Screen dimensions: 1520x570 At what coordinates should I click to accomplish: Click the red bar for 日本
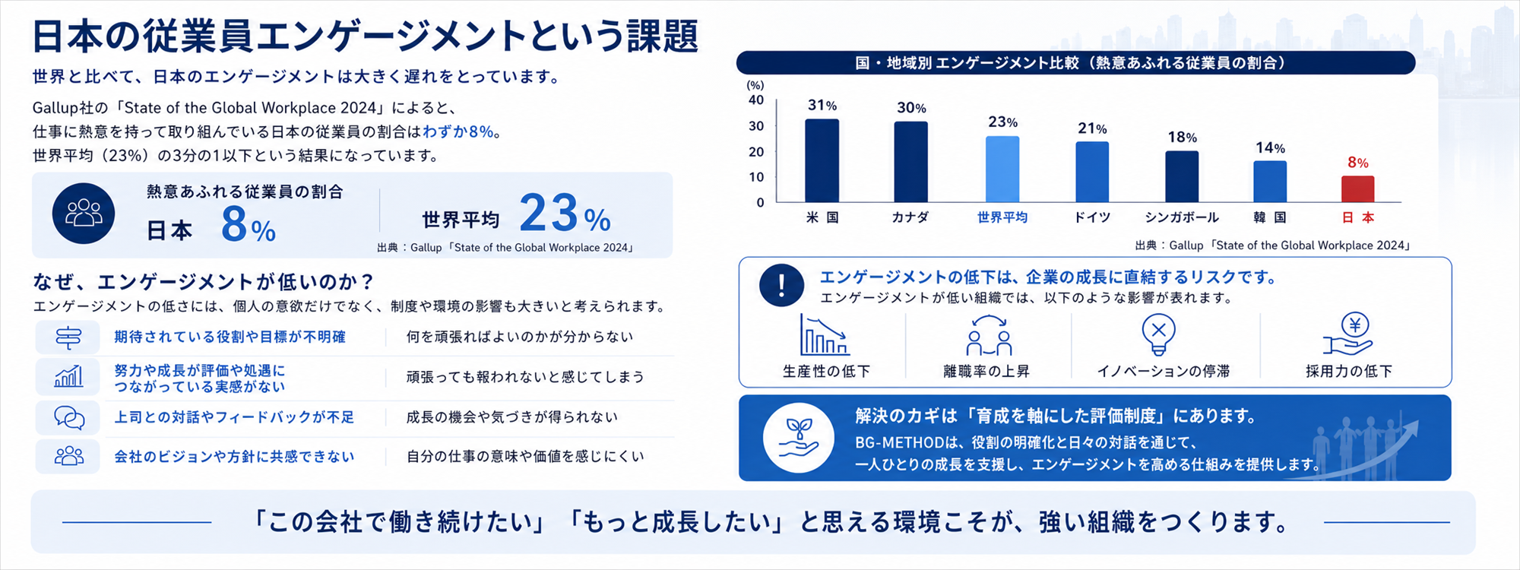[x=1357, y=189]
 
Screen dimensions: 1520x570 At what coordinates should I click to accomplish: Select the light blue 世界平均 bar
[x=1002, y=169]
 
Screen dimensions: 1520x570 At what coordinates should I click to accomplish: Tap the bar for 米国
[x=822, y=160]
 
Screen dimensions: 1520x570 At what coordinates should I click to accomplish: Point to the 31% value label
[x=822, y=106]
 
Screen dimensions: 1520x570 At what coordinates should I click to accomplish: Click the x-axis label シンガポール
[x=1182, y=217]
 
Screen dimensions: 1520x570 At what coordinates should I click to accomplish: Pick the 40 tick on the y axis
[x=756, y=100]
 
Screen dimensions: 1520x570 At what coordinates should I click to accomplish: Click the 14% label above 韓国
[x=1270, y=148]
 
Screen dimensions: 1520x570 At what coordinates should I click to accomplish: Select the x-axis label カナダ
[x=910, y=217]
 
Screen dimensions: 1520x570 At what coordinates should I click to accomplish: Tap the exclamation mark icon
[x=781, y=285]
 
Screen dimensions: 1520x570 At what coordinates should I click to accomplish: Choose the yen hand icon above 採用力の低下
[x=1347, y=334]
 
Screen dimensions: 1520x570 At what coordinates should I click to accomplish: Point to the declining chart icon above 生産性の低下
[x=825, y=334]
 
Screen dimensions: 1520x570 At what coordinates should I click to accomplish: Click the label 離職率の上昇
[x=986, y=372]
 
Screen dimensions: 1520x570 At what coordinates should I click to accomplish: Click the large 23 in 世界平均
[x=549, y=213]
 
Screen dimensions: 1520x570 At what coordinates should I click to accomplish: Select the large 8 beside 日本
[x=234, y=224]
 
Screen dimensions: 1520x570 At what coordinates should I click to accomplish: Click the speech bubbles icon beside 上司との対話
[x=69, y=417]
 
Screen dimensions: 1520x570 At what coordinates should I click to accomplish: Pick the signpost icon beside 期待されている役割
[x=68, y=337]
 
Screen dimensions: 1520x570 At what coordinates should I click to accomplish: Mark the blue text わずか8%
[x=458, y=131]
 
